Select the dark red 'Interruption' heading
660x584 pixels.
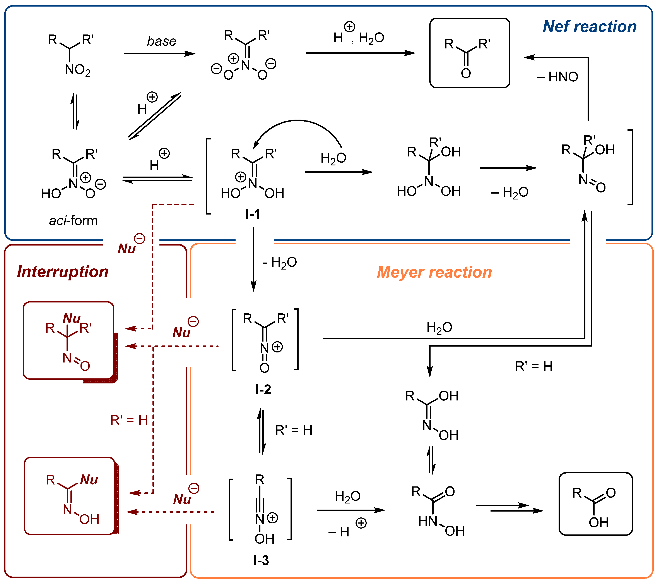(x=63, y=272)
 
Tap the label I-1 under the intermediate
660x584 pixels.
(x=253, y=214)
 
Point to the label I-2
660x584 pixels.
(x=263, y=390)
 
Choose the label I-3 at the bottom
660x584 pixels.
(x=261, y=560)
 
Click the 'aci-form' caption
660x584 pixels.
(x=73, y=221)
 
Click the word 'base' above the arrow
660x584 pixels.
(x=161, y=41)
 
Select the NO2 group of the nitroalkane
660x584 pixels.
(x=77, y=70)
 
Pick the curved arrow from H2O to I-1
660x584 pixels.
(x=297, y=124)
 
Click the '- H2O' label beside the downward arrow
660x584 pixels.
(x=280, y=262)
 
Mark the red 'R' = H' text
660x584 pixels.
(x=129, y=421)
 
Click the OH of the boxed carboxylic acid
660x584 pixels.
(x=598, y=522)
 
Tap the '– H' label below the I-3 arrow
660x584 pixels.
(x=339, y=532)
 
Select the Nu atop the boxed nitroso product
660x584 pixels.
(x=72, y=318)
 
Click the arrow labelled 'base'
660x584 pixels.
(x=160, y=54)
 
